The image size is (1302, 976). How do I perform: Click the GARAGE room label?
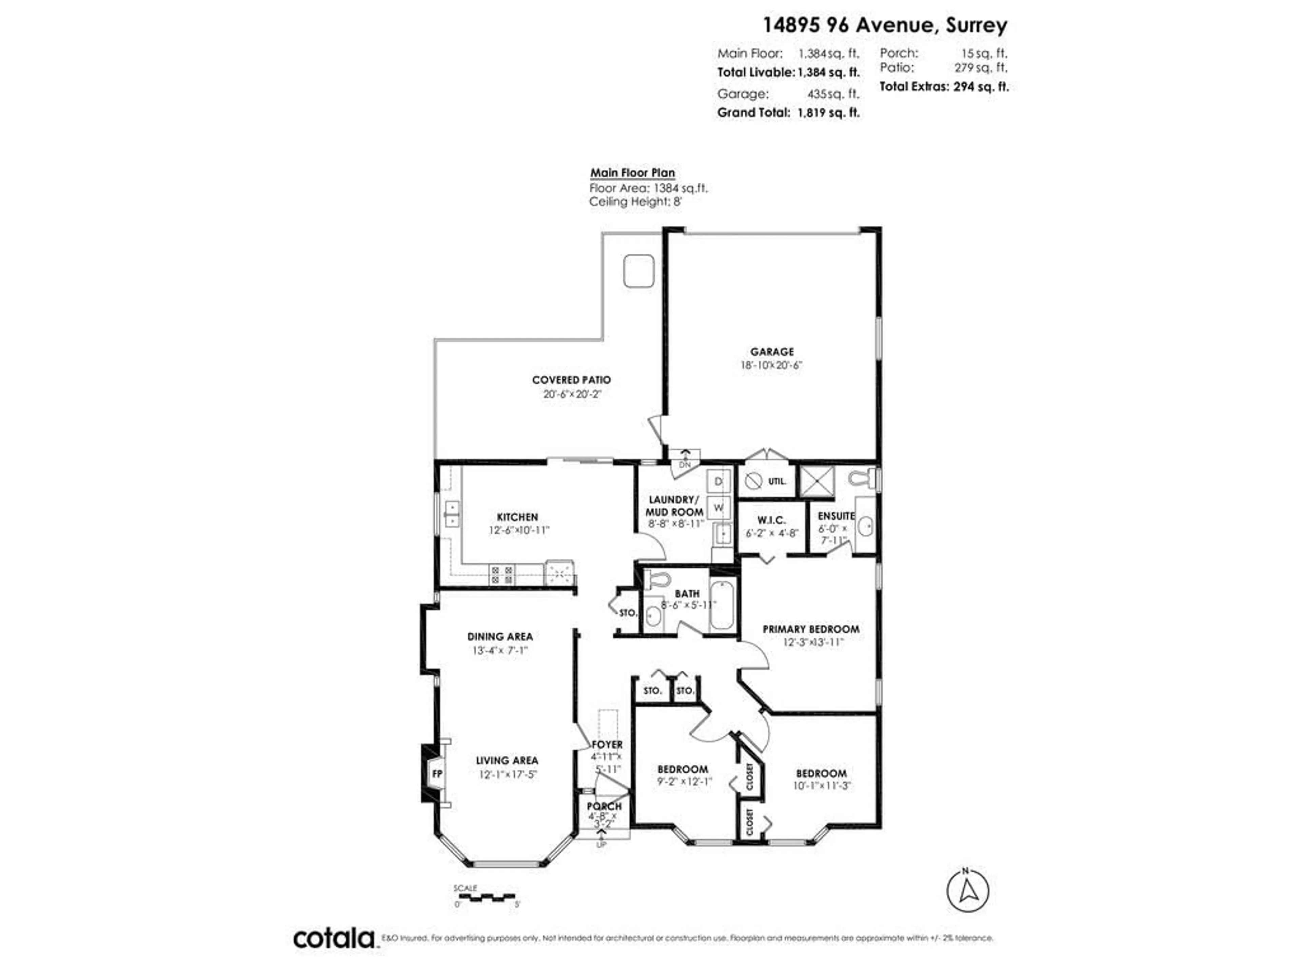[772, 352]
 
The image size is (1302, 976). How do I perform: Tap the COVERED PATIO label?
[571, 380]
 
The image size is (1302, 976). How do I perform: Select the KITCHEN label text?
[517, 517]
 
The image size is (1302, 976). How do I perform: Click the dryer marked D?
[718, 481]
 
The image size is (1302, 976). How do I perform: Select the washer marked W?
[718, 507]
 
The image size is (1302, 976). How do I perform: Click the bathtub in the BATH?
[722, 605]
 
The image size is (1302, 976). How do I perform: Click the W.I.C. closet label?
[771, 520]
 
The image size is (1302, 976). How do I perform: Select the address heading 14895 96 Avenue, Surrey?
[885, 25]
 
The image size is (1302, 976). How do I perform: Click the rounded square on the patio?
[639, 271]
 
